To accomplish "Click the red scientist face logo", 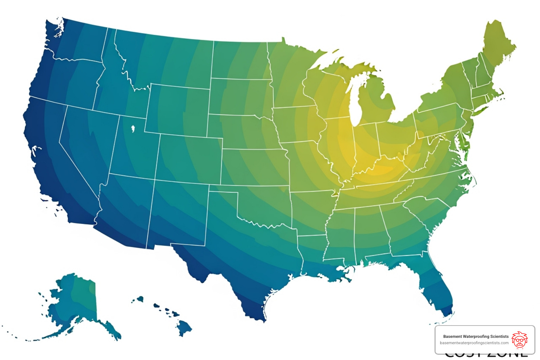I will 519,340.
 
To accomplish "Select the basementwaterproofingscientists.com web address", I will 474,343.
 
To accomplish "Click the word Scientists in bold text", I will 499,336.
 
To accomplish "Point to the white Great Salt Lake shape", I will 133,129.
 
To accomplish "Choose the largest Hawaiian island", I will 184,328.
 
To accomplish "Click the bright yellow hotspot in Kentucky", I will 381,171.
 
